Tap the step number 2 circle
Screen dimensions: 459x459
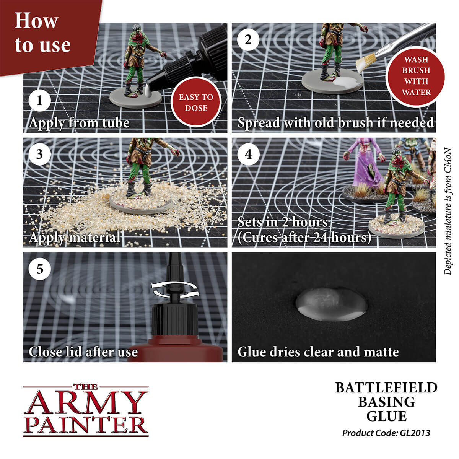pos(248,40)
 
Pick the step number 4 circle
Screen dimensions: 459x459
pos(248,155)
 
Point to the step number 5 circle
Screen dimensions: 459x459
pos(39,269)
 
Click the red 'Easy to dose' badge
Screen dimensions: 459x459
pos(196,102)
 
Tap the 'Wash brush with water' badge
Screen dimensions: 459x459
pos(416,76)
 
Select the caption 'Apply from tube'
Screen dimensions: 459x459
pos(79,123)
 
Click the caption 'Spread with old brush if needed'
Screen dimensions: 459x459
pos(335,123)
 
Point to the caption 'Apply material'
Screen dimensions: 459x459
pos(75,238)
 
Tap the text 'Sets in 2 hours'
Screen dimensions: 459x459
pos(283,222)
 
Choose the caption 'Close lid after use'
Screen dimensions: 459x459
pos(83,352)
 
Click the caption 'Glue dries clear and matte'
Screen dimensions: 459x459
pos(318,352)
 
